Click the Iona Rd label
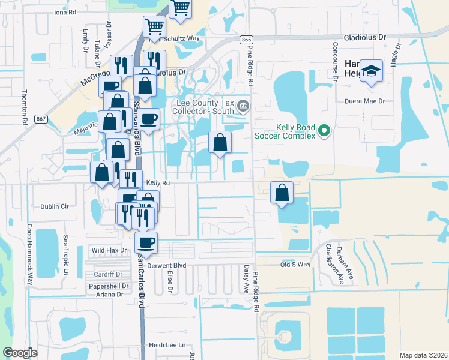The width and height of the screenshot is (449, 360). click(x=65, y=12)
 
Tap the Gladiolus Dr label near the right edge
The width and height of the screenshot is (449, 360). click(x=365, y=37)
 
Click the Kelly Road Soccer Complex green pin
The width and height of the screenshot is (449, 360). click(x=325, y=130)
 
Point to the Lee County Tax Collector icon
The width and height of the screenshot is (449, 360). click(x=243, y=107)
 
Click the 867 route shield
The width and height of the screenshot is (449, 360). click(x=40, y=119)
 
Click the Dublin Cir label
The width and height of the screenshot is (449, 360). click(x=55, y=206)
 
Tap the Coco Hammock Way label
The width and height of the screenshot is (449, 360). click(x=29, y=254)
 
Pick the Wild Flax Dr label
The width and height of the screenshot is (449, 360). click(x=109, y=250)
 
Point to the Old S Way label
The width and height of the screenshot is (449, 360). click(x=295, y=264)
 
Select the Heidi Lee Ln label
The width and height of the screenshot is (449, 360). click(x=166, y=346)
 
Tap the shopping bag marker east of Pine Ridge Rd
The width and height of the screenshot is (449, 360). click(x=282, y=193)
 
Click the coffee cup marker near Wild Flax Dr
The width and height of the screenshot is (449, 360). click(x=146, y=243)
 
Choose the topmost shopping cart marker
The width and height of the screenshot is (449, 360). click(x=179, y=8)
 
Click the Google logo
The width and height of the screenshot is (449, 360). click(x=20, y=353)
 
